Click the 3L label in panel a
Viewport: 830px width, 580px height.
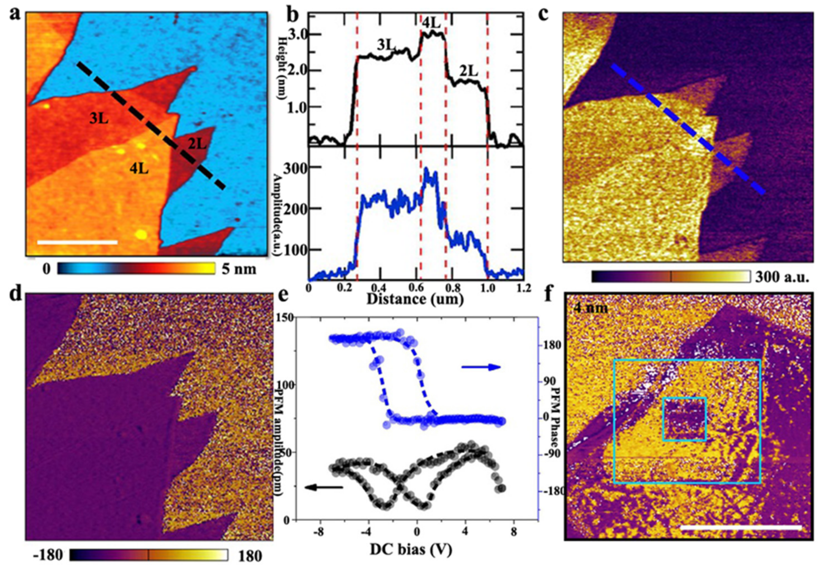pyautogui.click(x=99, y=119)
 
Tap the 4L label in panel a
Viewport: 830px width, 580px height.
pyautogui.click(x=139, y=169)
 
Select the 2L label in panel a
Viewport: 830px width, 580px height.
pyautogui.click(x=197, y=144)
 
